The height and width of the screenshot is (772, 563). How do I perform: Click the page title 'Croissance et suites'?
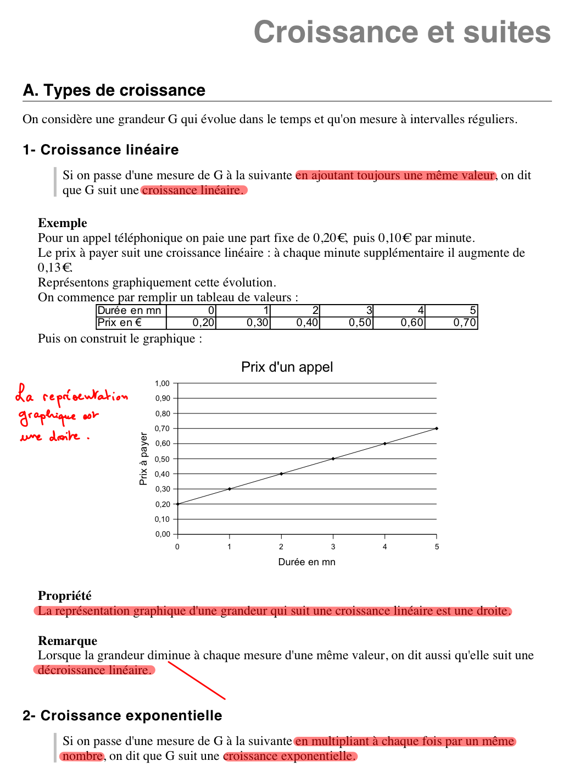(x=402, y=32)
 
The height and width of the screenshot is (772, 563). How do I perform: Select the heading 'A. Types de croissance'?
(x=114, y=90)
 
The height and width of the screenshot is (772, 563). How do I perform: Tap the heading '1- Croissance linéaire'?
(x=101, y=150)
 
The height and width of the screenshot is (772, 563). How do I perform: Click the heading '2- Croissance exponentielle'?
(x=122, y=715)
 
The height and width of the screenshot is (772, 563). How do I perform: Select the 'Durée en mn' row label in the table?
(x=130, y=311)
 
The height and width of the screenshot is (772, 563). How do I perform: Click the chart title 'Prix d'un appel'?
(x=287, y=367)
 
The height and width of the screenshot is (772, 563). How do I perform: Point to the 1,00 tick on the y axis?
(x=163, y=383)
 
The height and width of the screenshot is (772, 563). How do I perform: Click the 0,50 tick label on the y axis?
(x=163, y=459)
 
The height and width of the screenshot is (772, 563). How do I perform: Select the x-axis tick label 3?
(x=333, y=547)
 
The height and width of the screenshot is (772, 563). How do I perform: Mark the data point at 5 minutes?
(x=437, y=428)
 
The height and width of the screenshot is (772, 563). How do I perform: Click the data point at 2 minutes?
(x=281, y=473)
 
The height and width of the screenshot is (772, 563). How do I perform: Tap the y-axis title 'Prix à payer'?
(x=143, y=459)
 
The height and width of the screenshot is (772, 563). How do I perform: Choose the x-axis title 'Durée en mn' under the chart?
(x=306, y=562)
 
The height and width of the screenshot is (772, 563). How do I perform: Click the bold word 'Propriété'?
(x=65, y=595)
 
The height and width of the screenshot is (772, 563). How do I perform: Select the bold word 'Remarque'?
(x=68, y=641)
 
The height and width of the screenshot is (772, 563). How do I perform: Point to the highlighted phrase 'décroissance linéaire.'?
(x=94, y=670)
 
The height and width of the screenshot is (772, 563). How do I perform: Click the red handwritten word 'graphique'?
(x=47, y=416)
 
